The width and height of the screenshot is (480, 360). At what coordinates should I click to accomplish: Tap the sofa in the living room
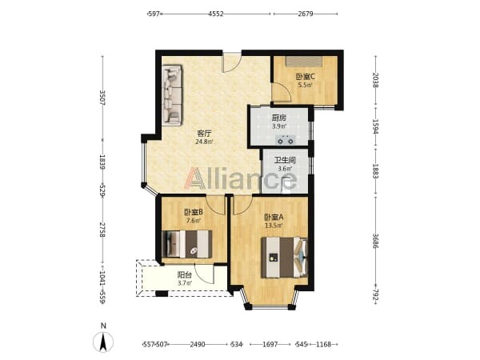172,94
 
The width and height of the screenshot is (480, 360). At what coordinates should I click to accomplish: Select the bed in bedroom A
284,258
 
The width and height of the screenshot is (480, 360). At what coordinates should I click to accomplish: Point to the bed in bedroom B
186,244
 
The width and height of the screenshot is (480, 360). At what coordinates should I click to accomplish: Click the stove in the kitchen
286,140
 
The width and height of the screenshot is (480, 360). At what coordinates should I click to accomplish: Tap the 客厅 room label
204,134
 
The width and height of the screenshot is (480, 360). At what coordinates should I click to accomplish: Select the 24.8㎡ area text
204,142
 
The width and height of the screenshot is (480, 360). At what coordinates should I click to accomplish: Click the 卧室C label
306,76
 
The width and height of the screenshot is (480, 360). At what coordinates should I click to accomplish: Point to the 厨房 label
279,118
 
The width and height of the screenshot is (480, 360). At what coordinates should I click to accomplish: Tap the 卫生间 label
285,160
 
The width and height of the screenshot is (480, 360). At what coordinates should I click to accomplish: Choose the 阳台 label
185,275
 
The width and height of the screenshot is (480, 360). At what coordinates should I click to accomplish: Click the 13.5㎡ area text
274,226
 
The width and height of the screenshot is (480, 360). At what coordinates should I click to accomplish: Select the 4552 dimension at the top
216,14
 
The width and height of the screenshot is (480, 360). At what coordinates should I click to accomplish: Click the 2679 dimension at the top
306,14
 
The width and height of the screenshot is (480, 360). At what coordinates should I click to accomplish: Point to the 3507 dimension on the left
102,98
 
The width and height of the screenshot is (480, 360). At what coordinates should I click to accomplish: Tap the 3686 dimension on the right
375,241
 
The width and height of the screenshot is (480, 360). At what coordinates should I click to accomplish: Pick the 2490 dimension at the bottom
198,344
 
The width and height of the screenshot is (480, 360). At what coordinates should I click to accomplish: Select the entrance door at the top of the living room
232,62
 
